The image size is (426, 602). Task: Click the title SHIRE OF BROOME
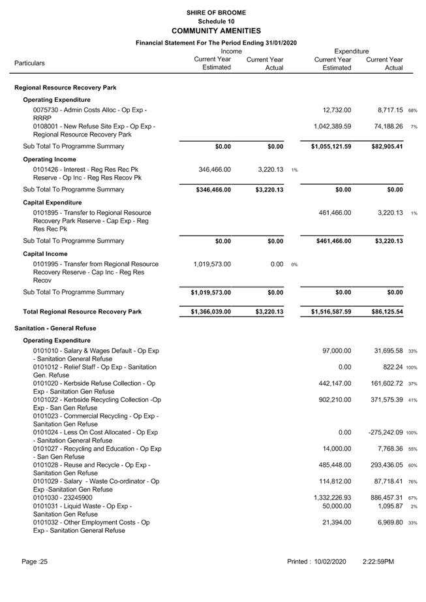(x=215, y=12)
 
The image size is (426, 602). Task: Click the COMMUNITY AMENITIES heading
(x=215, y=31)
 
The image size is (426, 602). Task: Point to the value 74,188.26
(x=385, y=126)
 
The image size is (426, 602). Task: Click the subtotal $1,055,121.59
(x=331, y=146)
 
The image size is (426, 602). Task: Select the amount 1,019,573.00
(x=212, y=264)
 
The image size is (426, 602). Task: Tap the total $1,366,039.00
(x=211, y=312)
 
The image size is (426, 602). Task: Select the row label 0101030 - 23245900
(x=62, y=498)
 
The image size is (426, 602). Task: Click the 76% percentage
(x=412, y=482)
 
